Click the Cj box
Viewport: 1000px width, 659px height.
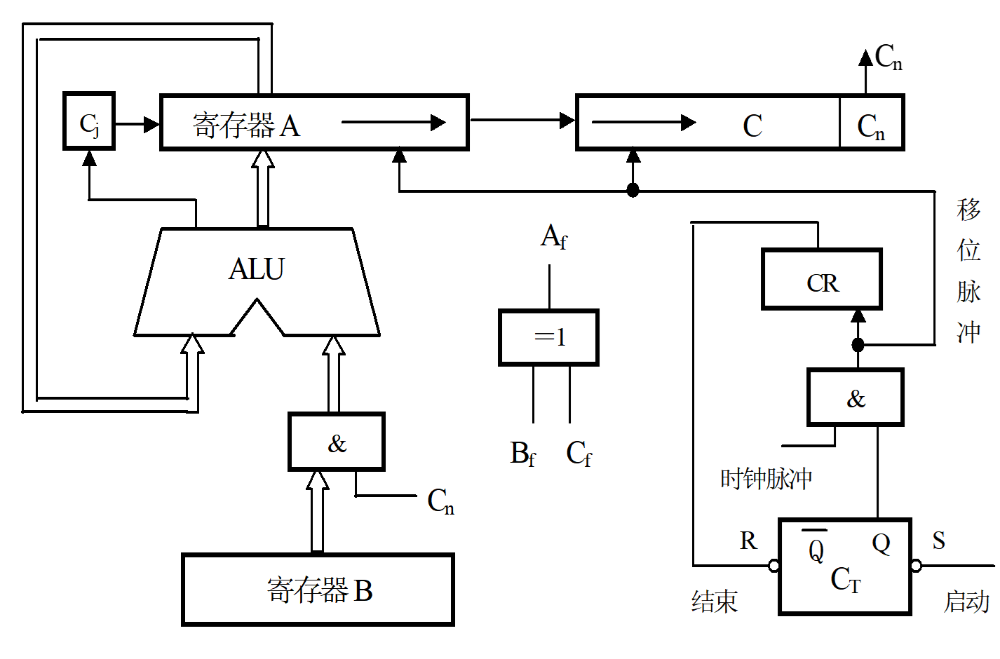(89, 121)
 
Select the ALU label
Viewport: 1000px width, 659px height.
(257, 269)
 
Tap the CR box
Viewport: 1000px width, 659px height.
(822, 280)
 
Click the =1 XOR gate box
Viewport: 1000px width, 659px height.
(549, 337)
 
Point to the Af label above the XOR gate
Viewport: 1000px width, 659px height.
(553, 237)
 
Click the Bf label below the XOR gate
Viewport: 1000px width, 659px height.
(522, 454)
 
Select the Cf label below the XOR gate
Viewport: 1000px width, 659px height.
(579, 454)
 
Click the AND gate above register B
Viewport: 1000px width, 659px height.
(337, 442)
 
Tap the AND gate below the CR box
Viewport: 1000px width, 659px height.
(856, 398)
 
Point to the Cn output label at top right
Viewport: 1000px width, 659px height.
(888, 57)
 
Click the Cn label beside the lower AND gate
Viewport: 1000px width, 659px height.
(441, 501)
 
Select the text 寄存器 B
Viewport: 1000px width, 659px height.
(320, 590)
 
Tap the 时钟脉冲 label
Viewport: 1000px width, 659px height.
(766, 479)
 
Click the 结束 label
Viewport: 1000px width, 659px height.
(715, 602)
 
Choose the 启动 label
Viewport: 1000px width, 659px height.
(966, 602)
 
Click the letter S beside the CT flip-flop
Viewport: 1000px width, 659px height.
(939, 541)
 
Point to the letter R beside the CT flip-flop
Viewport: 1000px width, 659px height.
(748, 541)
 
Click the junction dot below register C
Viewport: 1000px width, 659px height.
(633, 190)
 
